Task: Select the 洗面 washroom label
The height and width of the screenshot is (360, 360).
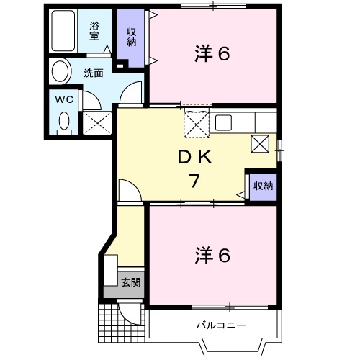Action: (x=94, y=73)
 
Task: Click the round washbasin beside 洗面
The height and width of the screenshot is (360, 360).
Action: (x=61, y=72)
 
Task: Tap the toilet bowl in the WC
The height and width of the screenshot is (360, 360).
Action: (x=64, y=122)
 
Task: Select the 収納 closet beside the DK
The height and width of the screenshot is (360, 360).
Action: (x=263, y=186)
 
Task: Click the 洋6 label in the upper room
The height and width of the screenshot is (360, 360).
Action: (x=212, y=54)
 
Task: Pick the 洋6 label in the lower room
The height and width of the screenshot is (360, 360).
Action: (x=212, y=255)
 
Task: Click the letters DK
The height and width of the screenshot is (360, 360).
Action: (x=193, y=156)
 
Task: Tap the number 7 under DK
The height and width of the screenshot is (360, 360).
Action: (x=194, y=181)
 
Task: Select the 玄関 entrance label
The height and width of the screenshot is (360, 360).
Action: (x=130, y=282)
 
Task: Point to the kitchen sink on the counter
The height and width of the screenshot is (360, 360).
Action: (x=222, y=122)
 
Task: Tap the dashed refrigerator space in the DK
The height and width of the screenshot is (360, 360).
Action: (x=195, y=123)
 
